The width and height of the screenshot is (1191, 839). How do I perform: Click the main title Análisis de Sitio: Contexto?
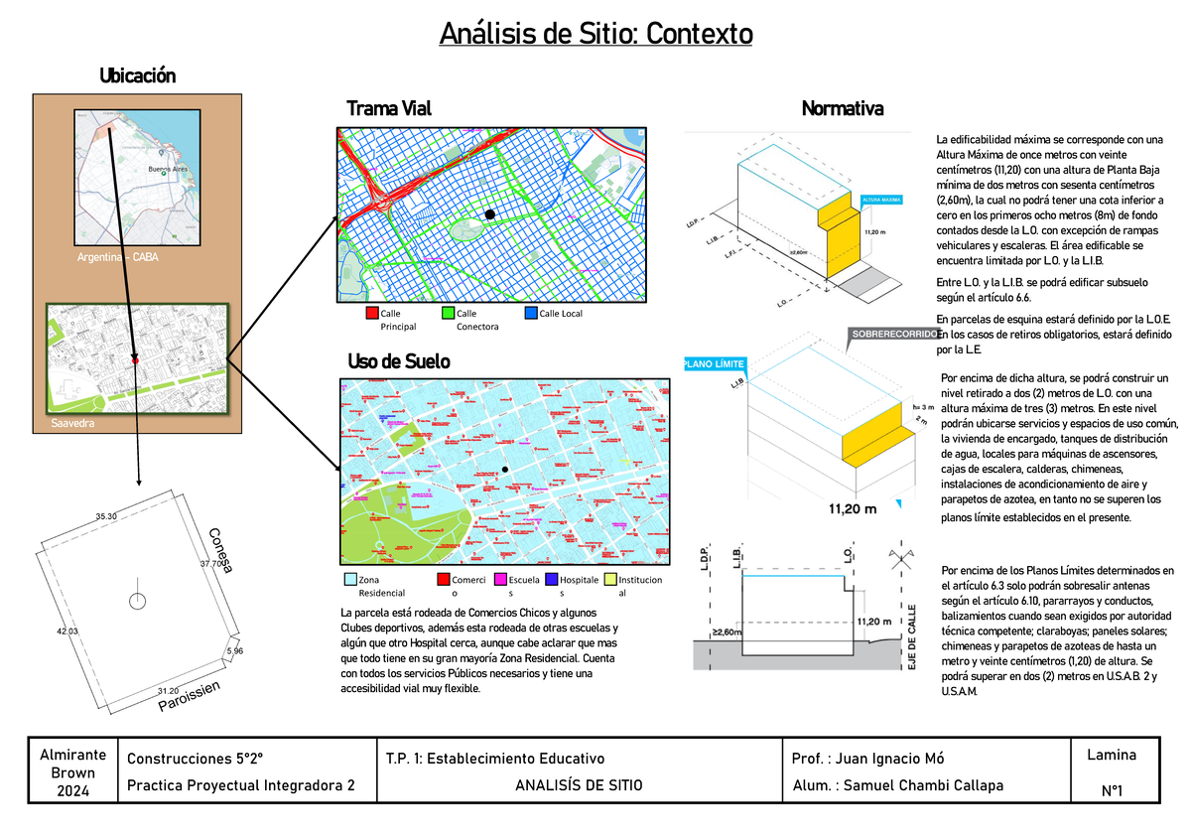coord(596,35)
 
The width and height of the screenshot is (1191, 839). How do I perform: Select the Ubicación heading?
coord(137,75)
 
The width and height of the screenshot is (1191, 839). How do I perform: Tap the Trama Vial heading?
coord(388,108)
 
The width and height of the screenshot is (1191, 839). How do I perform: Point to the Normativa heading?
coord(842,108)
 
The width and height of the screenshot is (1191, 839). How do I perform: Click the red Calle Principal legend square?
coord(371,314)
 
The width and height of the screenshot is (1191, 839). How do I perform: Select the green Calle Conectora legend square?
coord(448,314)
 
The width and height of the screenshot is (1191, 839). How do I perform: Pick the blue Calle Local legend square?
coord(531,314)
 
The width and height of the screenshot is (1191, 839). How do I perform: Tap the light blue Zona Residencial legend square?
coord(348,579)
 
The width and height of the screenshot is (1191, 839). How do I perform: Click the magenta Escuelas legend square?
coord(500,579)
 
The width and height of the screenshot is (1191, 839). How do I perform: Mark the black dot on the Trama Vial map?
coord(489,214)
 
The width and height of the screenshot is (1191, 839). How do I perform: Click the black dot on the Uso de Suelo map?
coord(504,469)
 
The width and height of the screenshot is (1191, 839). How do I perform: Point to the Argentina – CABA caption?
coord(117,257)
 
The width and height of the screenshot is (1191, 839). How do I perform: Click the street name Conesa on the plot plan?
coord(220,550)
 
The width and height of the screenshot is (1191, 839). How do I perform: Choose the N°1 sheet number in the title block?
coord(1111,790)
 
